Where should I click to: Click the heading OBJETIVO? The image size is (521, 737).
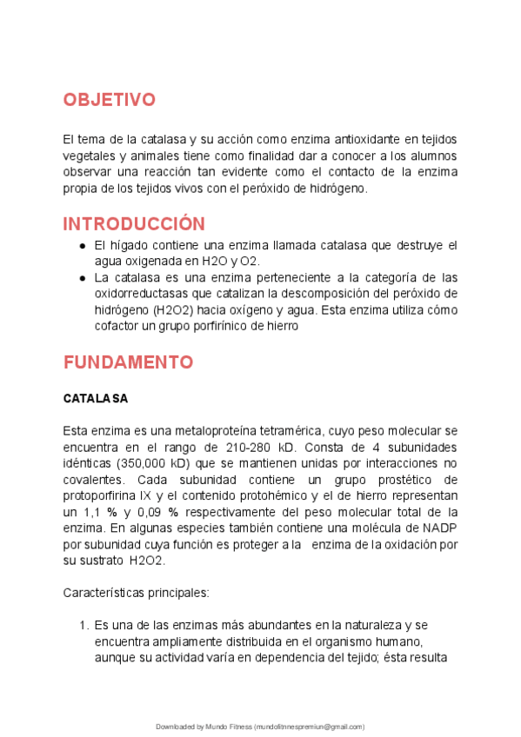[x=109, y=100]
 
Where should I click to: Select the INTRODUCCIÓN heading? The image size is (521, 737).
[x=134, y=223]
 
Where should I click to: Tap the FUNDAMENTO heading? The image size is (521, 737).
[x=128, y=362]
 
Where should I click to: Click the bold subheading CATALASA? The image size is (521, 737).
[x=96, y=399]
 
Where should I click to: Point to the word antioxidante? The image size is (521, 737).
[x=364, y=140]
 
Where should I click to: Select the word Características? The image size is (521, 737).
[x=104, y=593]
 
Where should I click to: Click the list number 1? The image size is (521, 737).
[x=83, y=625]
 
